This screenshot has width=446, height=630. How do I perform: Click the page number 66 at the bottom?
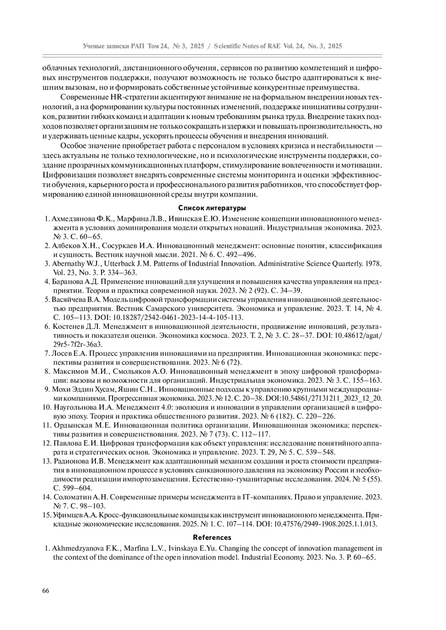tap(46, 591)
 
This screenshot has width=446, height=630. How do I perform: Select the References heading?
tap(212, 537)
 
